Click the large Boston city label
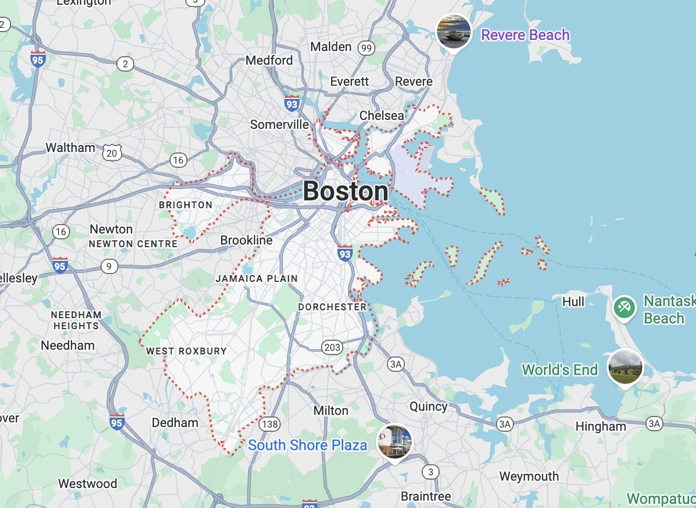tap(345, 191)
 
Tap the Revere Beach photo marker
tap(453, 32)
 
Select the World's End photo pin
tap(625, 367)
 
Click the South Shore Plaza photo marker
tap(394, 442)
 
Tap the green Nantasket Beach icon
tap(624, 307)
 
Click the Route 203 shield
tap(332, 347)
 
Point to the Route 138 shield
tap(270, 424)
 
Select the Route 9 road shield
tap(109, 266)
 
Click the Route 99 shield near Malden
tap(366, 48)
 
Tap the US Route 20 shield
tap(112, 153)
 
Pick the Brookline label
tap(246, 240)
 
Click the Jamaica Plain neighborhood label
tap(256, 279)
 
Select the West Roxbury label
tap(186, 351)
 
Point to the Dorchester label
tap(332, 307)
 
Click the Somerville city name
tap(280, 125)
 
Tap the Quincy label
tap(429, 407)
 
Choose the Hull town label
tap(573, 302)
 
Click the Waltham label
tap(71, 148)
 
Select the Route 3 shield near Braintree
tap(431, 472)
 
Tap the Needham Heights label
tap(76, 320)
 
